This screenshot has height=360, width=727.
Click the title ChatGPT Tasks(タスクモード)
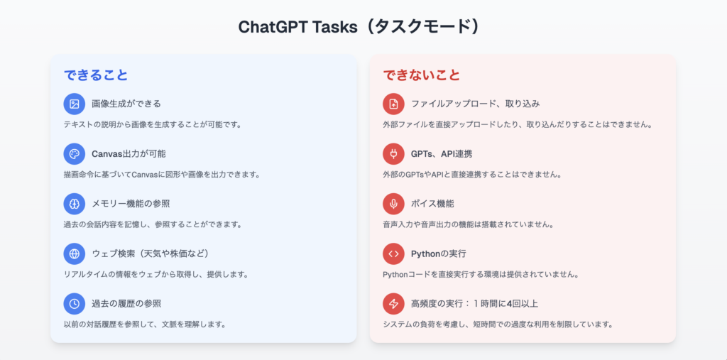(x=360, y=27)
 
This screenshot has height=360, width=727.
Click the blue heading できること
(x=96, y=75)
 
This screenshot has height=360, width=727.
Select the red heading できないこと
(x=422, y=75)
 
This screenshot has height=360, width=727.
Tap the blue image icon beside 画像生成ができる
(x=74, y=104)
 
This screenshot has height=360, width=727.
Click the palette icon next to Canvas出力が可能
(x=74, y=154)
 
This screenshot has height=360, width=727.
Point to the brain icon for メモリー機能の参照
(x=74, y=204)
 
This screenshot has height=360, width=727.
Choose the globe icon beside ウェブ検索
(x=74, y=253)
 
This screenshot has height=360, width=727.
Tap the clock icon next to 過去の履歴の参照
(x=74, y=304)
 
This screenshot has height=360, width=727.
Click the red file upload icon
(x=393, y=104)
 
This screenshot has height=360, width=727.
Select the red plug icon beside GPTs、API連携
(x=393, y=154)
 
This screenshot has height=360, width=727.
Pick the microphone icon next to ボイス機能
(x=393, y=204)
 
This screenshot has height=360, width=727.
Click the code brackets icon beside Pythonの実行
(x=393, y=253)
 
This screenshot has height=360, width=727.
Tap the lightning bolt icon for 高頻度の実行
(x=393, y=304)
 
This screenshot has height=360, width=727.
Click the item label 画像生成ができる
(x=126, y=104)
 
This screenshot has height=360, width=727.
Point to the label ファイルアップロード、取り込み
(x=475, y=104)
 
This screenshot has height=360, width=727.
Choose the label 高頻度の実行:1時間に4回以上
(x=474, y=304)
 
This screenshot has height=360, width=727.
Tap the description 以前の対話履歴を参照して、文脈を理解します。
(x=145, y=324)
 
